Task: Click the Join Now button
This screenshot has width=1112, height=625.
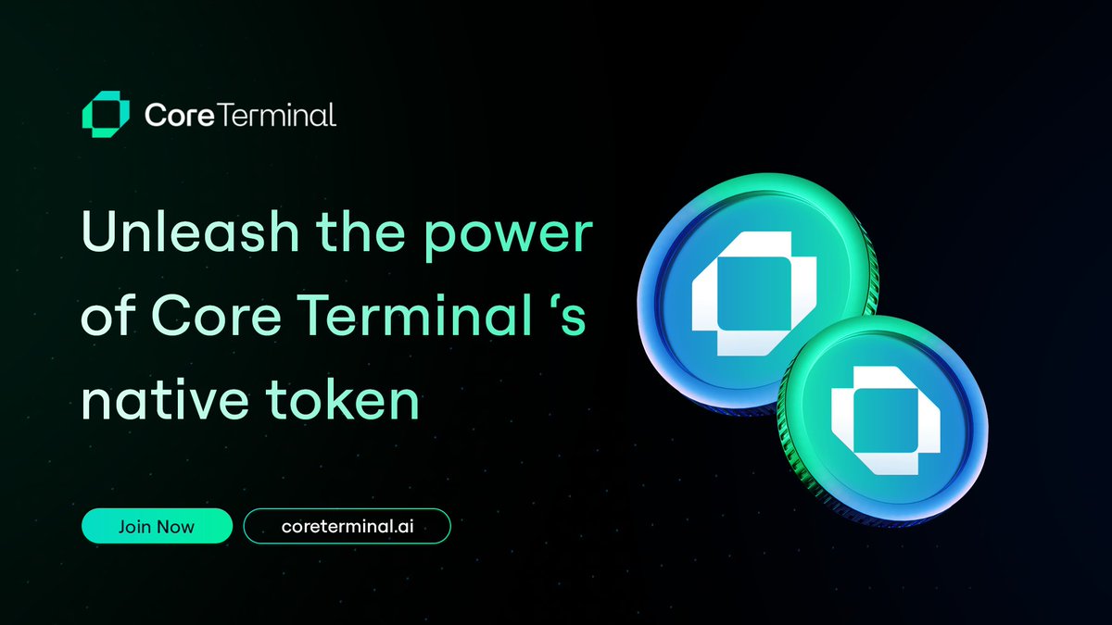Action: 156,526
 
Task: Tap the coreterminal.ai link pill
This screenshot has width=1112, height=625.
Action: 347,526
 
